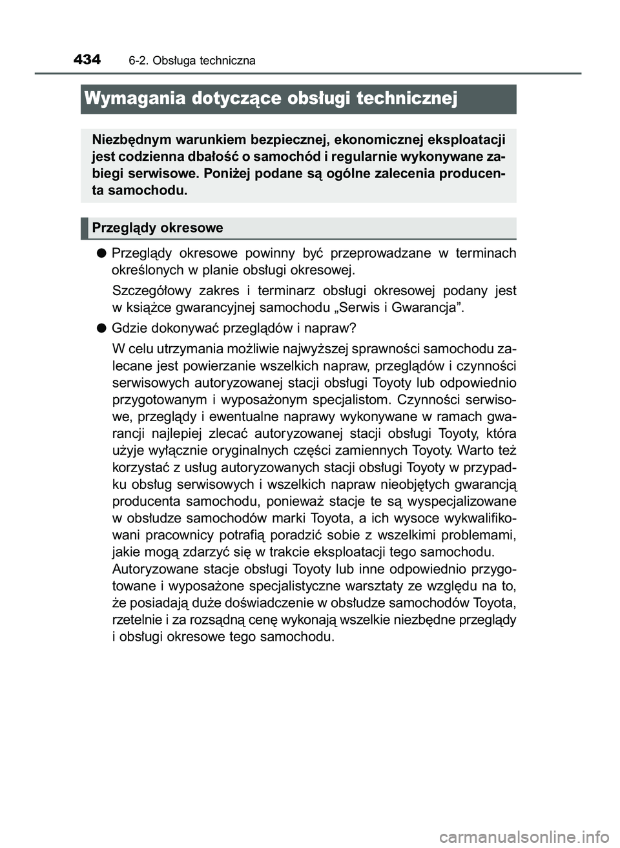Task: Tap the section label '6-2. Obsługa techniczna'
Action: click(x=192, y=61)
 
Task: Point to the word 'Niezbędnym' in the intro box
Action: click(x=130, y=139)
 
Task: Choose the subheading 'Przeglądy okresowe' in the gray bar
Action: click(x=158, y=227)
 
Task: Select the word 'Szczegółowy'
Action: click(x=150, y=290)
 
